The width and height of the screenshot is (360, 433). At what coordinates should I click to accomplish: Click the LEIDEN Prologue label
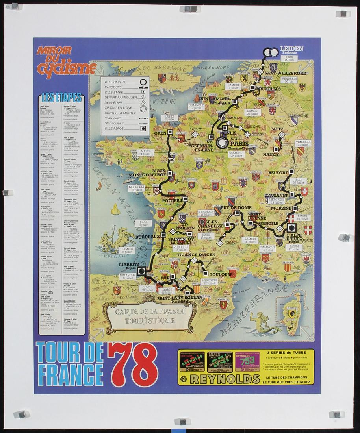coord(291,50)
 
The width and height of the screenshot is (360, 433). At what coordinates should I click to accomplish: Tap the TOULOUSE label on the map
coord(221,274)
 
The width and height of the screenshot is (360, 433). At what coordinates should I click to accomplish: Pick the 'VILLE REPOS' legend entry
coord(120,128)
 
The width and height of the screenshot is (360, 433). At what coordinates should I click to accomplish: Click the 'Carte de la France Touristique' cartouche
coord(145,316)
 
